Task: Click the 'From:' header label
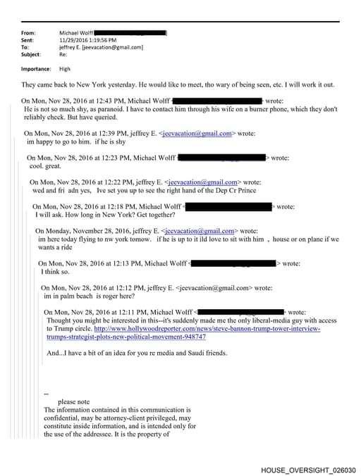coord(29,33)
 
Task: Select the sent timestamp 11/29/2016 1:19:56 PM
coord(88,40)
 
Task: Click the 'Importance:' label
coord(36,69)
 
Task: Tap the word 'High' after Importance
coord(65,69)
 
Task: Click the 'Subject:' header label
coord(32,54)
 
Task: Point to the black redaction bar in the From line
coord(130,33)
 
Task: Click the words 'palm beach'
coord(80,296)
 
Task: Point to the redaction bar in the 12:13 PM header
coord(232,263)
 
